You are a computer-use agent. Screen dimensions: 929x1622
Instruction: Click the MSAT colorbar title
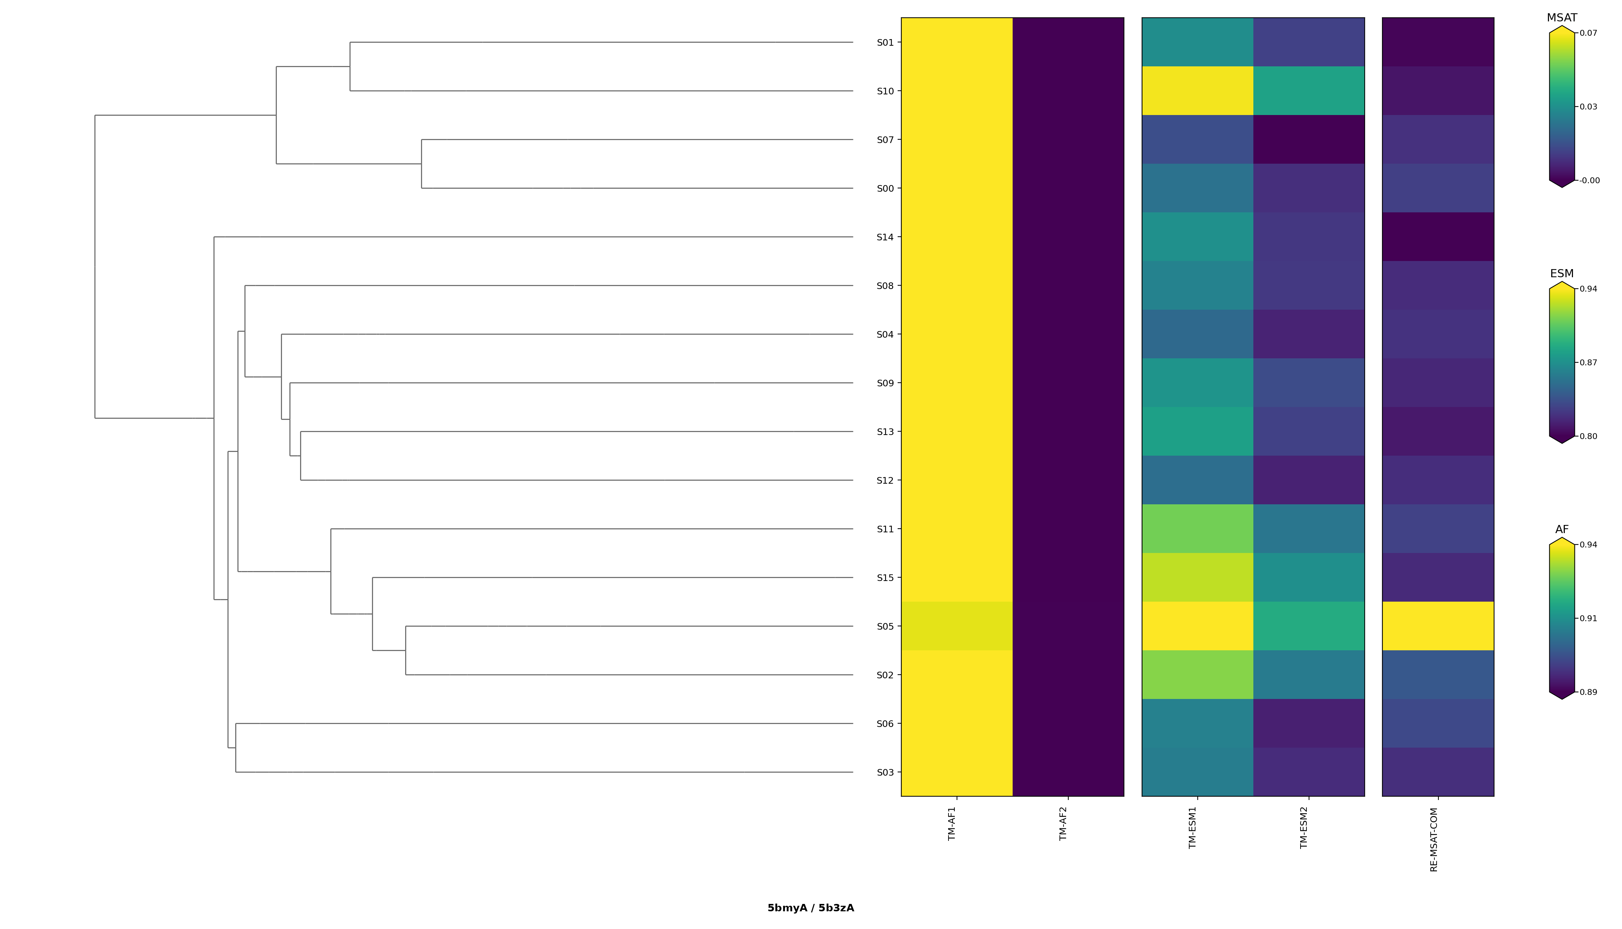coord(1562,18)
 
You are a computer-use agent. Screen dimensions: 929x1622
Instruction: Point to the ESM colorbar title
coord(1562,274)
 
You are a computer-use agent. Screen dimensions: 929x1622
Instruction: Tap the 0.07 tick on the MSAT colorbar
coord(1588,33)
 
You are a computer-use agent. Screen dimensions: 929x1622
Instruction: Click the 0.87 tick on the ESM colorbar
coord(1588,362)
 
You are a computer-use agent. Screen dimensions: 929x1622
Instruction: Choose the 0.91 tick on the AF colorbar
coord(1588,618)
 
